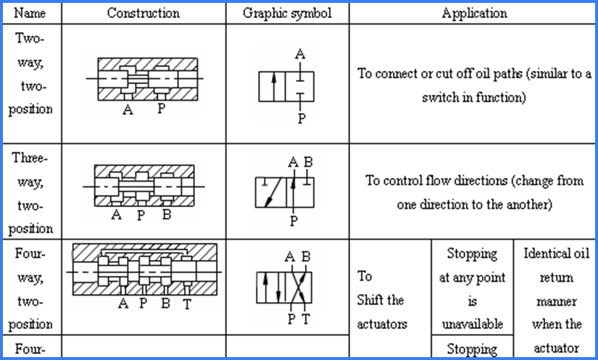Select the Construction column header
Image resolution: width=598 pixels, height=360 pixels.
[x=143, y=13]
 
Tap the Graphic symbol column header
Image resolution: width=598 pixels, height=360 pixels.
[x=287, y=13]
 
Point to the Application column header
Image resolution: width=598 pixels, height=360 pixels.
[x=474, y=13]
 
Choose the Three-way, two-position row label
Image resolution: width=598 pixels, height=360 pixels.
[x=33, y=193]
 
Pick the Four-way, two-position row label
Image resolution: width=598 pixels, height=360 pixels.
[x=33, y=288]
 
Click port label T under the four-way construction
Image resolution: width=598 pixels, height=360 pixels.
[x=187, y=304]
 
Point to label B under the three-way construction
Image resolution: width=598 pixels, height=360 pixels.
[x=166, y=215]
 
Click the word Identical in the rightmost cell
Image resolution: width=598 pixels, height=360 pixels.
[x=556, y=254]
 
